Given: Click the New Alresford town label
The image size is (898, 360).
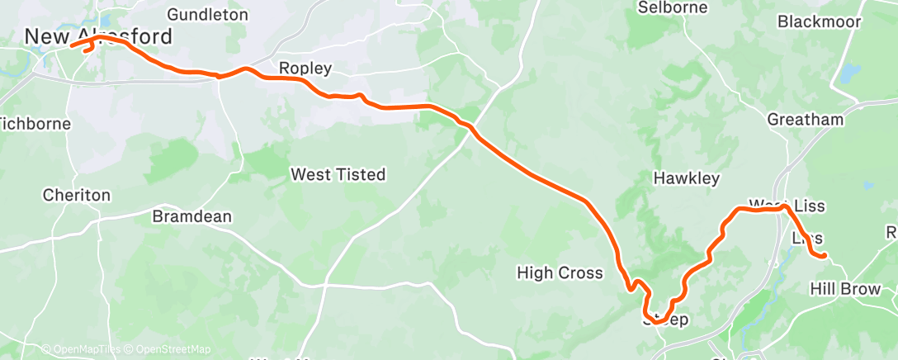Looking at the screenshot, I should click(x=98, y=37).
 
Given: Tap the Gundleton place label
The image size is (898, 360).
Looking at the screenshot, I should click(x=207, y=14).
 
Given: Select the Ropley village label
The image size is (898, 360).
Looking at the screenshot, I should click(x=305, y=69).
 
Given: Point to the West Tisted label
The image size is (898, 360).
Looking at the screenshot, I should click(x=338, y=174).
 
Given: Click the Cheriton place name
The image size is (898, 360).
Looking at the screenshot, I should click(x=76, y=196).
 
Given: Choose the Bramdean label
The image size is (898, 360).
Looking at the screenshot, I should click(x=192, y=216).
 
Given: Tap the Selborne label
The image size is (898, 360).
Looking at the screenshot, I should click(x=673, y=7).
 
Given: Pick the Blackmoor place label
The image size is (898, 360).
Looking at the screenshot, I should click(x=819, y=21).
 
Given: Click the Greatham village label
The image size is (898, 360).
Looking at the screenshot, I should click(x=806, y=120).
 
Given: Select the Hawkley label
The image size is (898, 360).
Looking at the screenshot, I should click(x=687, y=178).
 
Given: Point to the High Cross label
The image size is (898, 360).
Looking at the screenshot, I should click(x=560, y=272).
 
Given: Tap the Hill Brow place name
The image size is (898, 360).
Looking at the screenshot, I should click(x=846, y=289).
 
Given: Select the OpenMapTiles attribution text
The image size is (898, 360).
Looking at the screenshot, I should click(x=80, y=350).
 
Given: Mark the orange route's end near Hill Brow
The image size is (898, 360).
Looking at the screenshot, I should click(x=824, y=256).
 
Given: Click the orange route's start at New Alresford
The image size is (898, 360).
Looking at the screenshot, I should click(x=73, y=45).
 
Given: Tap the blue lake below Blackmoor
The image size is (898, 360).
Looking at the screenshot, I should click(x=848, y=73).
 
